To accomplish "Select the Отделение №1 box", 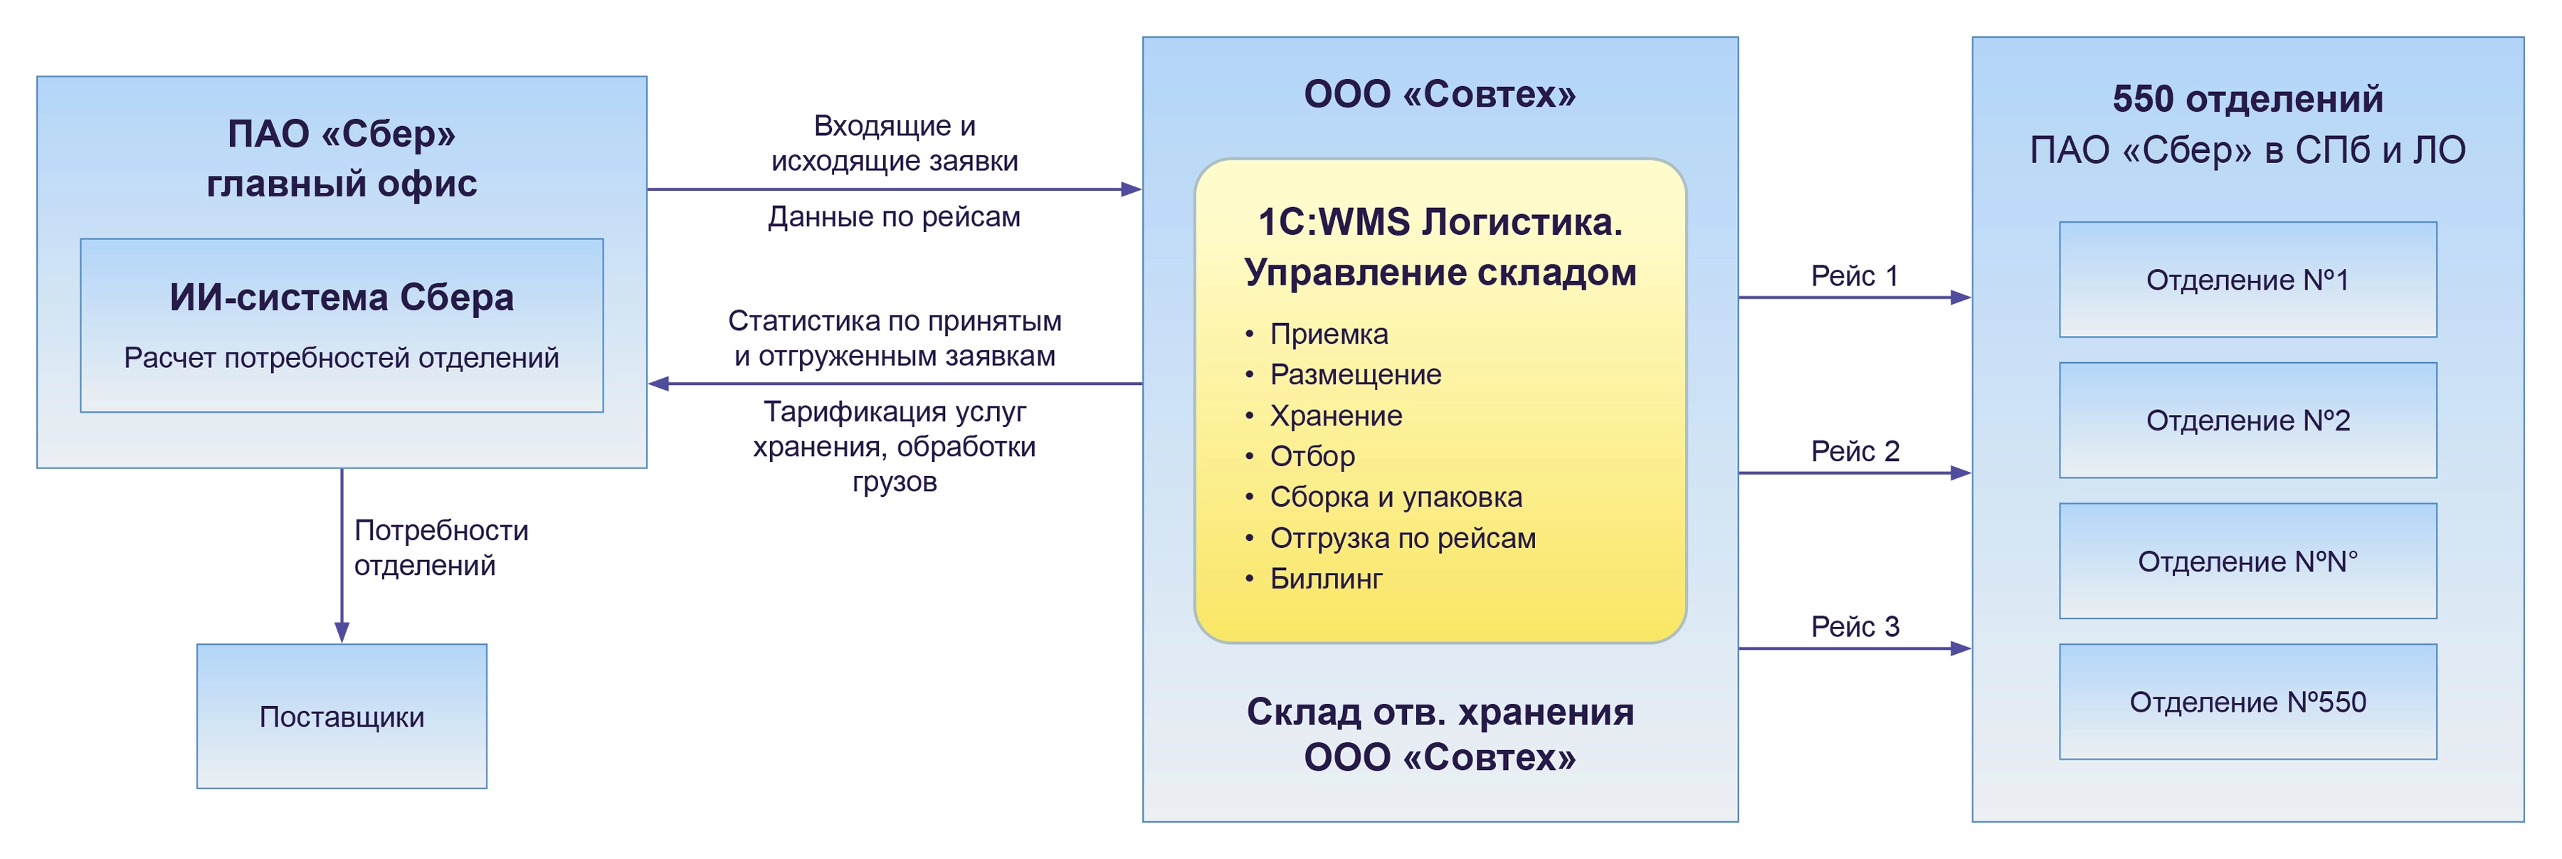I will pyautogui.click(x=2247, y=280).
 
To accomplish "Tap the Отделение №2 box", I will pyautogui.click(x=2247, y=421).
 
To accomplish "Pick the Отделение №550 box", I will pyautogui.click(x=2247, y=702).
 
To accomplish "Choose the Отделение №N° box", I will pyautogui.click(x=2247, y=562).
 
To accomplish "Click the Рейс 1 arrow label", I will pyautogui.click(x=1854, y=275).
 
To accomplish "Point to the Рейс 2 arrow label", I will pyautogui.click(x=1854, y=451).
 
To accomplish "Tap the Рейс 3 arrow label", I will pyautogui.click(x=1854, y=626).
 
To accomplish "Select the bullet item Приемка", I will pyautogui.click(x=1328, y=334).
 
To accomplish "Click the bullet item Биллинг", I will pyautogui.click(x=1326, y=579).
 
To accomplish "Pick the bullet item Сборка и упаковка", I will pyautogui.click(x=1396, y=497).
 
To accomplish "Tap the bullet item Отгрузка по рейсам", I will pyautogui.click(x=1402, y=538).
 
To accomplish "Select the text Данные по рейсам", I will pyautogui.click(x=894, y=217).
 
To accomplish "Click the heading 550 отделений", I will pyautogui.click(x=2247, y=100).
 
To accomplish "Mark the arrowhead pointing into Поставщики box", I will pyautogui.click(x=342, y=632).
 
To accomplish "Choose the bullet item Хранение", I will pyautogui.click(x=1336, y=416).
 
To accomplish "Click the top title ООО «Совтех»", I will pyautogui.click(x=1439, y=95).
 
